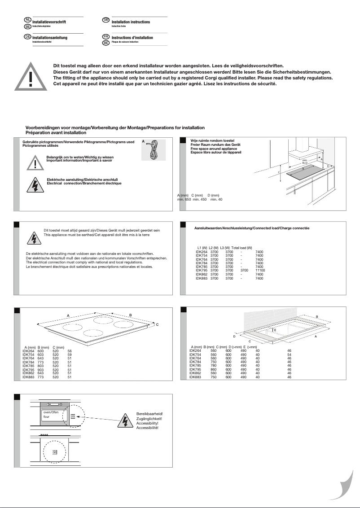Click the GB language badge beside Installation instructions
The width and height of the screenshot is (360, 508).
106,20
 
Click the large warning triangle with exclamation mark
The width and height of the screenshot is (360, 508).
31,77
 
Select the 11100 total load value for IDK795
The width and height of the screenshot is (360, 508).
260,271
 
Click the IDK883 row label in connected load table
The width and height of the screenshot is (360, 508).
202,279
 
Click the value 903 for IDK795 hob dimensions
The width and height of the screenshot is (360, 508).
42,370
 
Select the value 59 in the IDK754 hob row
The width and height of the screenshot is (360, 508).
70,355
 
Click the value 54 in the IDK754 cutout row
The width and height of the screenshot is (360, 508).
289,355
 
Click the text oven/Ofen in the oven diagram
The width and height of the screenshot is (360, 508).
51,412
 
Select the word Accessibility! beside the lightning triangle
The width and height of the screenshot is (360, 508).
147,423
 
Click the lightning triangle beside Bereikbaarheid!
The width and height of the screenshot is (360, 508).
124,421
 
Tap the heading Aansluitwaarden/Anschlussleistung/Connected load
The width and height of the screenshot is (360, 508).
252,228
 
